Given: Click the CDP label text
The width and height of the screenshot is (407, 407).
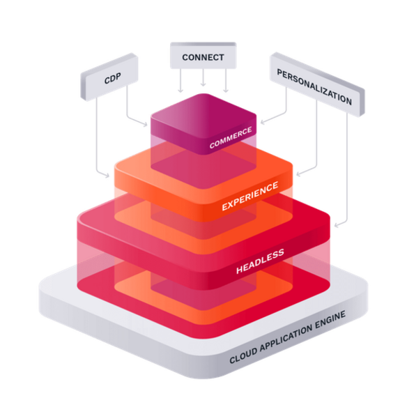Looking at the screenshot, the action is (113, 78).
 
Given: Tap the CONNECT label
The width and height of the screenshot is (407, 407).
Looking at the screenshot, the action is (203, 57).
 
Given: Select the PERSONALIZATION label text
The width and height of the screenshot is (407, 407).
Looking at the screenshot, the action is (314, 86).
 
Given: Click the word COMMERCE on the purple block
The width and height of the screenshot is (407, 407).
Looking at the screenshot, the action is (231, 137).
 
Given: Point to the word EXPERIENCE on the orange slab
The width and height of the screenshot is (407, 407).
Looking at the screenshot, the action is (250, 196).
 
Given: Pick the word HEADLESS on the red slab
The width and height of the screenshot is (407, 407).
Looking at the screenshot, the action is (260, 261).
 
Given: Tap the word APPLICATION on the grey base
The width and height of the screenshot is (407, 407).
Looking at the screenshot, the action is (286, 336).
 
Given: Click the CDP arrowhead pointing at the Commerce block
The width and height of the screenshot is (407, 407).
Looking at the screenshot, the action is (145, 124).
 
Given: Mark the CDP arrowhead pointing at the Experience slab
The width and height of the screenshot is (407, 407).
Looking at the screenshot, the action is (107, 176).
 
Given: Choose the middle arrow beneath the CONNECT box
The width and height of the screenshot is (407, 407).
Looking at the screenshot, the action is (203, 77).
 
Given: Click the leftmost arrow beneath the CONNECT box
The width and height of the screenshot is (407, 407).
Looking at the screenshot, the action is (181, 80).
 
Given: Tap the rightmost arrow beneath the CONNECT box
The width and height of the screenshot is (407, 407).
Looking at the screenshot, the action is (226, 80).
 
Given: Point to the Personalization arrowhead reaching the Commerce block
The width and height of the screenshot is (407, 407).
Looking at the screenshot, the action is (263, 122).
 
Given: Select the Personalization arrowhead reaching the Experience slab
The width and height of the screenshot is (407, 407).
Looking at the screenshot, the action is (299, 174).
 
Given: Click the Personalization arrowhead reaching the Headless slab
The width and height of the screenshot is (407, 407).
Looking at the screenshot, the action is (337, 225).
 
